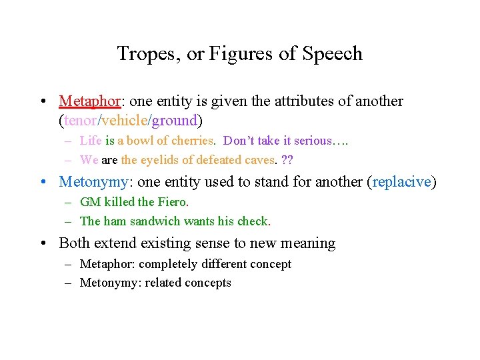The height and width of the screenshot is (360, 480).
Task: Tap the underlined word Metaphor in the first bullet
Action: (89, 101)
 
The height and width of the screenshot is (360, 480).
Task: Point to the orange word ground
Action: (175, 121)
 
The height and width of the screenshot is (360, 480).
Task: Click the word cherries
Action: (192, 141)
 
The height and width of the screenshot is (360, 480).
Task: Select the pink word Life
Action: (91, 141)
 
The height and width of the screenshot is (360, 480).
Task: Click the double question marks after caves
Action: (288, 160)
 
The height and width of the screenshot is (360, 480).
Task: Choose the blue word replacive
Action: (401, 182)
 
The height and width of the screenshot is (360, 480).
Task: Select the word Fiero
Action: (172, 202)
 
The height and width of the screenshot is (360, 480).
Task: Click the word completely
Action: (164, 264)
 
